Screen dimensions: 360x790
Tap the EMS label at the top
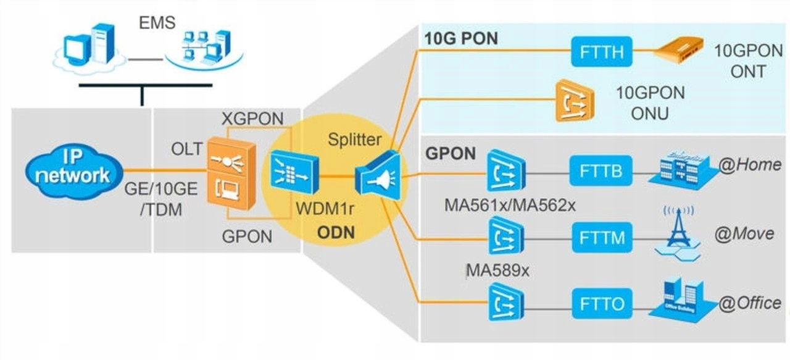tap(157, 23)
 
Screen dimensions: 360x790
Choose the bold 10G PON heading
tap(461, 38)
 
